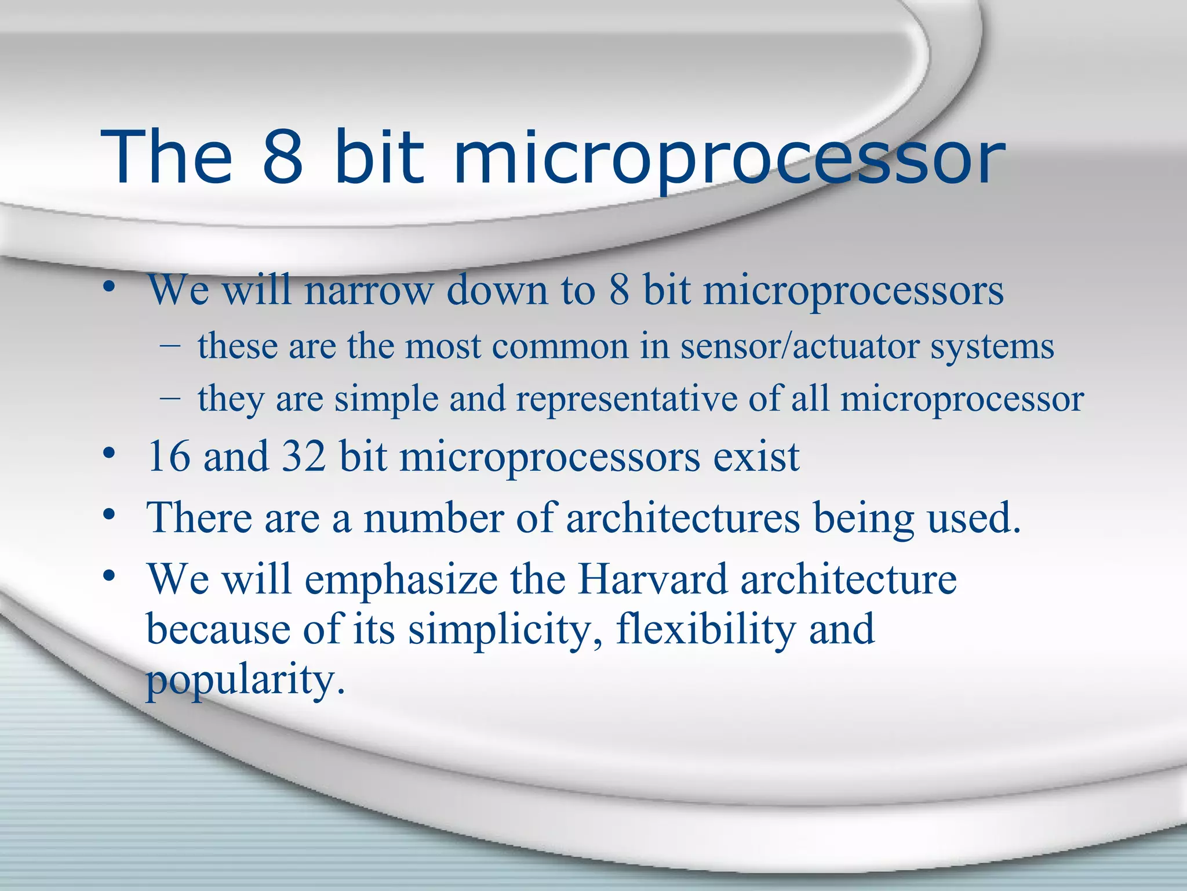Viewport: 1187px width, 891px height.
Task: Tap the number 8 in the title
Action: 283,157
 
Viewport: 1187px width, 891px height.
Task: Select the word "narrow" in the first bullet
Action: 369,289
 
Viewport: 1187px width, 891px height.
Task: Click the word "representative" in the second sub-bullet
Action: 626,400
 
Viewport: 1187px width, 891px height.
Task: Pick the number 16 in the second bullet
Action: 169,456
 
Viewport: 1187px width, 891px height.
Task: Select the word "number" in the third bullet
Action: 433,517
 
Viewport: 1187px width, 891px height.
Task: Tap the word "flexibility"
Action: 705,630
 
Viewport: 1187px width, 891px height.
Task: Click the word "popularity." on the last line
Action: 246,680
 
